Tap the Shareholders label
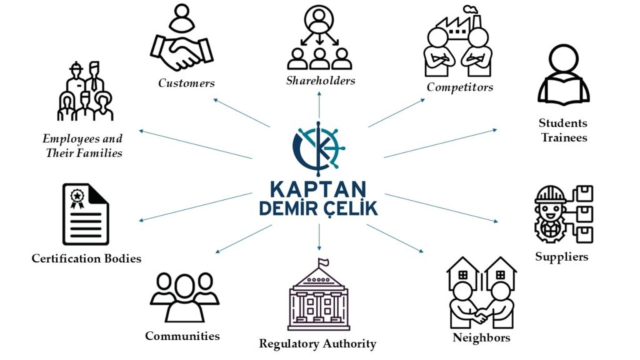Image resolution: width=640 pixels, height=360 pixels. pyautogui.click(x=320, y=81)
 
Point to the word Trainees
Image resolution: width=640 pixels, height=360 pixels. pyautogui.click(x=563, y=137)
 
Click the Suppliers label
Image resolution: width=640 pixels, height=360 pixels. pyautogui.click(x=561, y=256)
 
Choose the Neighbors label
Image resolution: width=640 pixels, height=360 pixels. pyautogui.click(x=481, y=338)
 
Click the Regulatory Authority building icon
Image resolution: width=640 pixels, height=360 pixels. pyautogui.click(x=319, y=300)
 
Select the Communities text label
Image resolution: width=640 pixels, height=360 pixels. pyautogui.click(x=182, y=336)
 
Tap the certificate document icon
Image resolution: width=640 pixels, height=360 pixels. pyautogui.click(x=86, y=214)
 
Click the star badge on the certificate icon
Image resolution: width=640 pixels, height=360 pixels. pyautogui.click(x=77, y=196)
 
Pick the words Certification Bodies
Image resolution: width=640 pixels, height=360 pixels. pyautogui.click(x=86, y=258)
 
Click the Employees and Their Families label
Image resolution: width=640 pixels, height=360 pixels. pyautogui.click(x=83, y=146)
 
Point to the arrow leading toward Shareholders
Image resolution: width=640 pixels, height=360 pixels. pyautogui.click(x=319, y=102)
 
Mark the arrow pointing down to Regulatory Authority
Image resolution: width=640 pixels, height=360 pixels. pyautogui.click(x=319, y=235)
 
